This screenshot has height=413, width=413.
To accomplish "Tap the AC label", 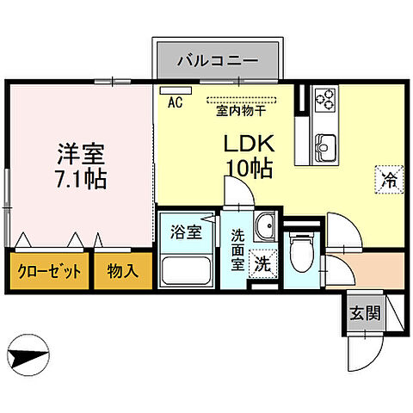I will [175, 102].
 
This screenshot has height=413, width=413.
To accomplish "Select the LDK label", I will [249, 144].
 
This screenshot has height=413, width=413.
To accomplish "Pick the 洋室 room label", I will [82, 156].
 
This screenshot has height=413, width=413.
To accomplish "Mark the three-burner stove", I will [324, 100].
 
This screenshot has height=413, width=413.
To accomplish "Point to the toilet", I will [302, 255].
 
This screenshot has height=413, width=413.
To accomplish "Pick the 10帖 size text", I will [249, 168].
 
